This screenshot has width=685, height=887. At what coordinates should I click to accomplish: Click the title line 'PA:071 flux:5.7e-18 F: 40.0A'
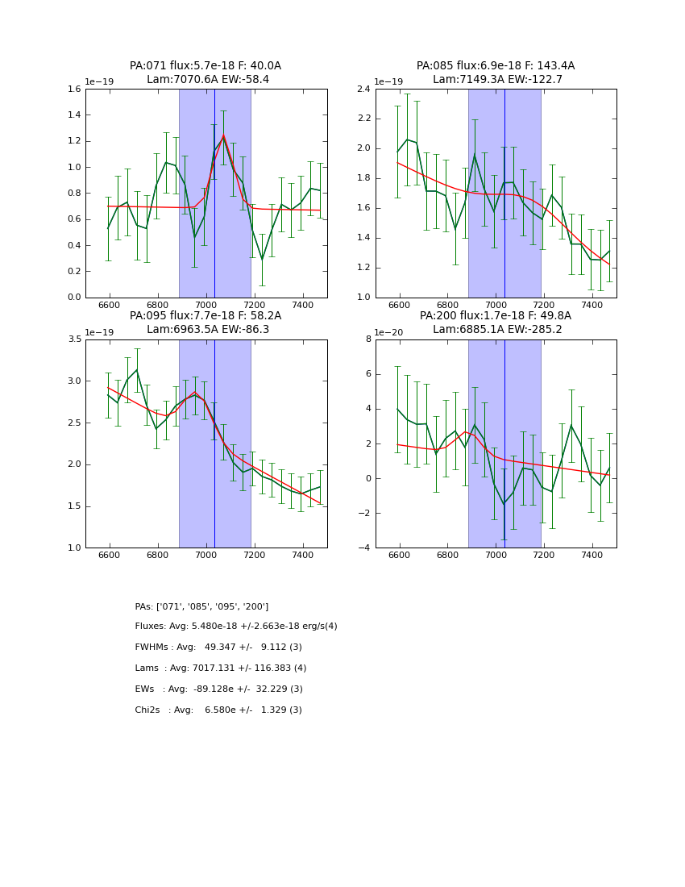click(x=205, y=66)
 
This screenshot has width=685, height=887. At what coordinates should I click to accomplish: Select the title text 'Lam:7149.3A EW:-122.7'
click(x=496, y=80)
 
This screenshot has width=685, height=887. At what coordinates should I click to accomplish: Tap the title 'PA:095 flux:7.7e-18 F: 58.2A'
click(x=205, y=316)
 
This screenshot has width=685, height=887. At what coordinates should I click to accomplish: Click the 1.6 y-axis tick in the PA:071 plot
click(x=73, y=90)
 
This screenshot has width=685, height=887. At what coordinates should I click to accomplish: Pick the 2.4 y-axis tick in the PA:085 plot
click(x=363, y=90)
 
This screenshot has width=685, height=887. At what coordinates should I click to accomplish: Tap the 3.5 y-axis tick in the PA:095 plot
click(x=73, y=339)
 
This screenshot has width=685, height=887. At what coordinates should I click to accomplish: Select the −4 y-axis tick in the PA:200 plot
click(x=364, y=548)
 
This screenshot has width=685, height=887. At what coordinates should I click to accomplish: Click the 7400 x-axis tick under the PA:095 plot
click(x=303, y=556)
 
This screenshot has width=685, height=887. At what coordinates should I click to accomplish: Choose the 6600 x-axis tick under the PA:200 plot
click(x=400, y=556)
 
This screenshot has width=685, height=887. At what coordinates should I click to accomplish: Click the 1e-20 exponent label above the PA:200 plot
click(x=388, y=332)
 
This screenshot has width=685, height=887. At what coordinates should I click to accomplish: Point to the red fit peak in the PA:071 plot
click(x=223, y=135)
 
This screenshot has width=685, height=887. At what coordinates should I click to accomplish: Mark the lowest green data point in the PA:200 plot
click(x=504, y=505)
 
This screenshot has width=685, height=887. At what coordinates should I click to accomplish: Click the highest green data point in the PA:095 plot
click(x=137, y=370)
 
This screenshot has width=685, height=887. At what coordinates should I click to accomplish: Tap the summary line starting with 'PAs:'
click(x=201, y=606)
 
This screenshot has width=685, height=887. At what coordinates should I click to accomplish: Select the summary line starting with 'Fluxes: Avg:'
click(x=236, y=627)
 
